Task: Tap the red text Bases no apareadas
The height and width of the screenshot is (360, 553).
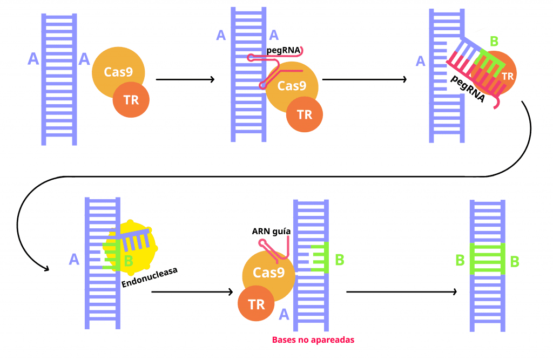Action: [x=313, y=340]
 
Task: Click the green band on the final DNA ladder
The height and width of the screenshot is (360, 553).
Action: [x=487, y=259]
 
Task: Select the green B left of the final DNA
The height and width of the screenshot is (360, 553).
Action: [x=460, y=260]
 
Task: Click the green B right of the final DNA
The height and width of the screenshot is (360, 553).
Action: [x=515, y=262]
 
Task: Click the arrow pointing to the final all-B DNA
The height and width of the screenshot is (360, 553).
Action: [x=401, y=292]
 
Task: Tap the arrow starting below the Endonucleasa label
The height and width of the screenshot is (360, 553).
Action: [x=191, y=292]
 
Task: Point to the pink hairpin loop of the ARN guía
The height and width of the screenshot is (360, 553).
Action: [x=263, y=243]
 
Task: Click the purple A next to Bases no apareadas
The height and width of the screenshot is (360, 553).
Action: [x=284, y=314]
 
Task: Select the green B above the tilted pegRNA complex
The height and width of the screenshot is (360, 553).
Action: [x=494, y=41]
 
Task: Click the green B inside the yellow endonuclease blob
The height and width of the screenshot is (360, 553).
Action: [x=129, y=261]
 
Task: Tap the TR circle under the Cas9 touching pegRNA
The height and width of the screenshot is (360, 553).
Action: [x=305, y=114]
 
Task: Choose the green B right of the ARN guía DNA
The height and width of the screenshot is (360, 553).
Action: [x=340, y=260]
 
